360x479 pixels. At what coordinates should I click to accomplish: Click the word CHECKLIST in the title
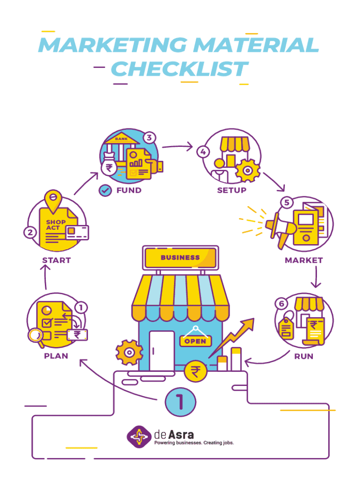pos(180,69)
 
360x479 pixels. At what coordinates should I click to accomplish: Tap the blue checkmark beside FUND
pos(105,191)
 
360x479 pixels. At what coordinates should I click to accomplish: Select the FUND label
pos(129,190)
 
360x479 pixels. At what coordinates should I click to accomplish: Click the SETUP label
pos(232,190)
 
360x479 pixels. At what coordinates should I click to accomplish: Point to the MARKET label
pos(304,260)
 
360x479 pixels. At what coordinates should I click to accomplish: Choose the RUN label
pos(304,356)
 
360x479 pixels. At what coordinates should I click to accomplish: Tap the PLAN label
pos(56,356)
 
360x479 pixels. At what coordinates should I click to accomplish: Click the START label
pos(57,260)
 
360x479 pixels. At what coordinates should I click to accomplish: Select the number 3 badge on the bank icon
pos(149,138)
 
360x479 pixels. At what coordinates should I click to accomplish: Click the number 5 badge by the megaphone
pos(287,203)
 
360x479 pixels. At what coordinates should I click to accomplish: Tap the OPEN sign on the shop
pos(195,341)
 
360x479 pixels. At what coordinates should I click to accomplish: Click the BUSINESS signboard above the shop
pos(180,258)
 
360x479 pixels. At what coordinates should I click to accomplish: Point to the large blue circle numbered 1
pos(180,402)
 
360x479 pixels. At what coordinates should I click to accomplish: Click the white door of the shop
pos(162,351)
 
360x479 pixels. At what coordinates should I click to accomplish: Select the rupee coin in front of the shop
pos(195,371)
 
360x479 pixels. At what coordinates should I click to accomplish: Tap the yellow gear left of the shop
pos(129,353)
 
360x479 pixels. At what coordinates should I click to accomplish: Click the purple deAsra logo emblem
pos(139,437)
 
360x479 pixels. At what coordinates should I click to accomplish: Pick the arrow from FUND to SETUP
pos(177,146)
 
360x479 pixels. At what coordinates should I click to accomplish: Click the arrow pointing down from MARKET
pos(316,277)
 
